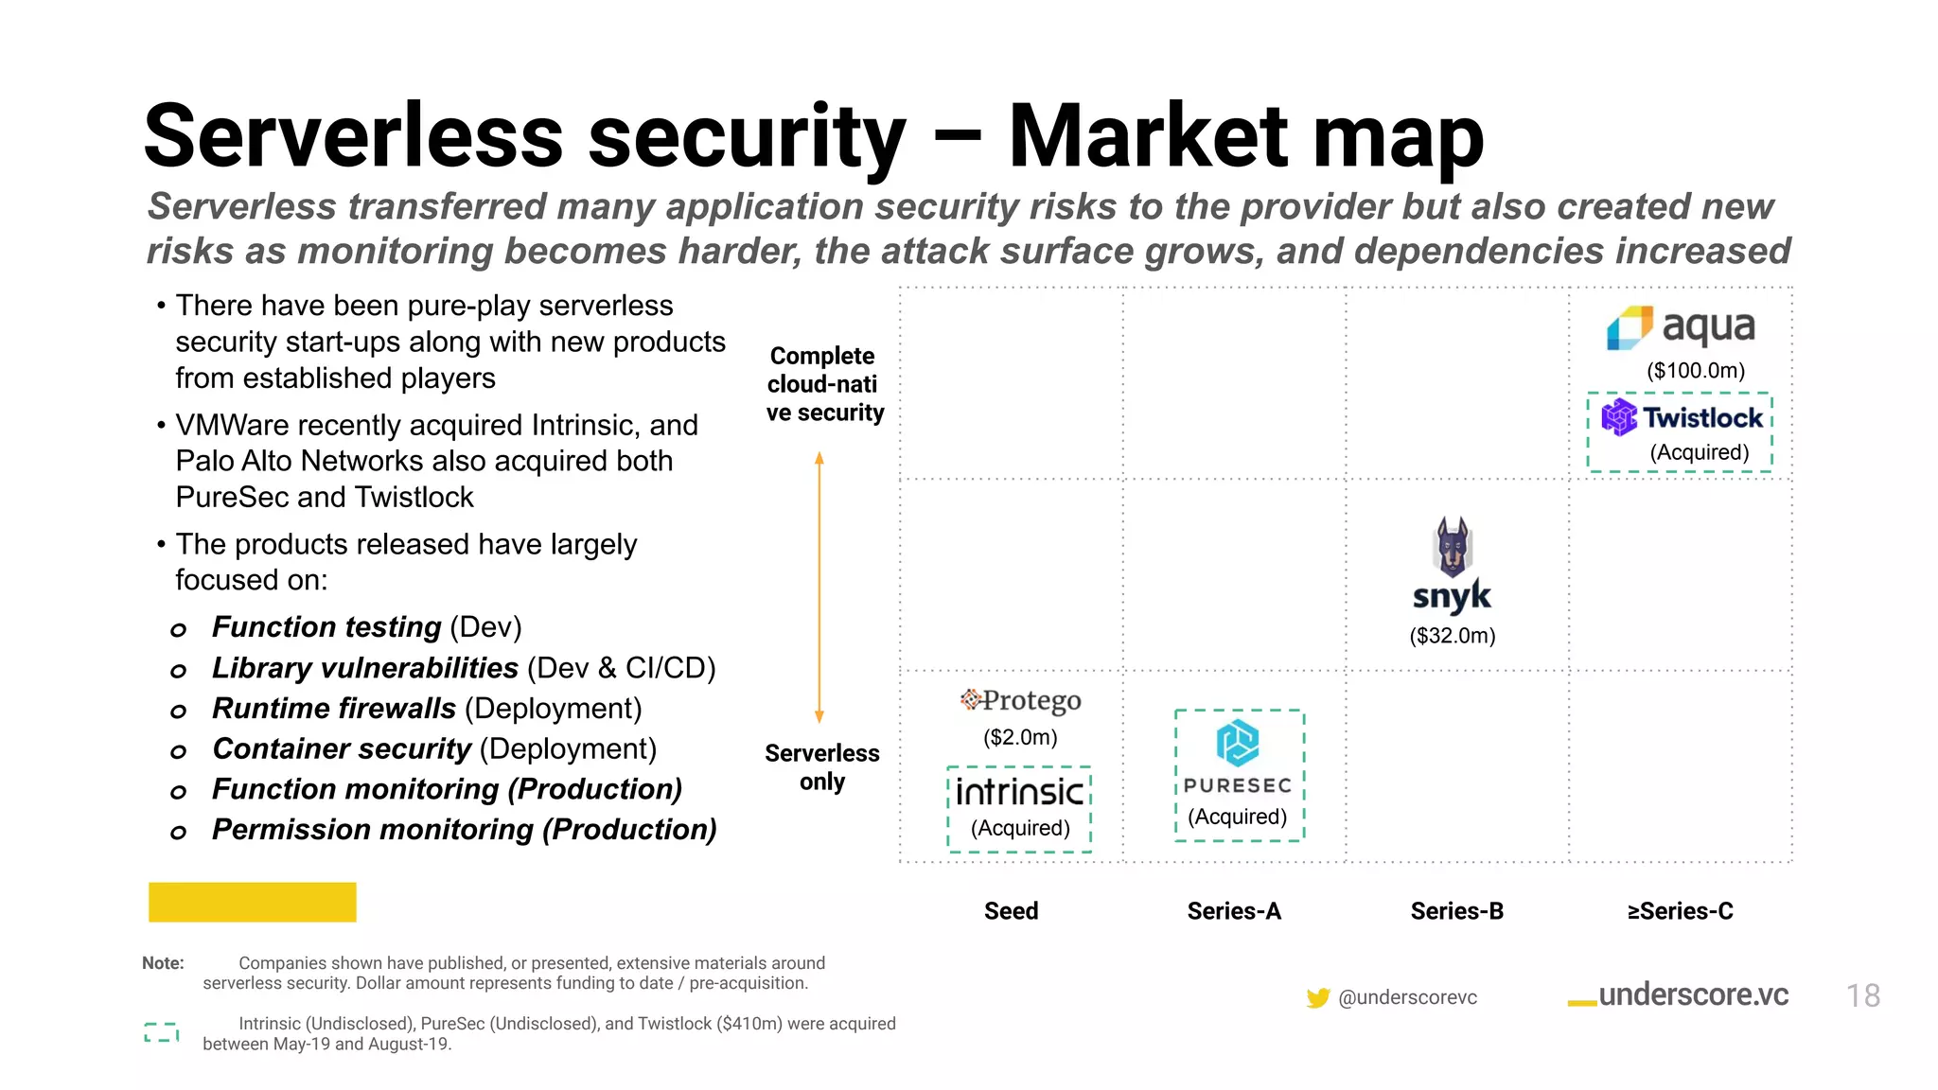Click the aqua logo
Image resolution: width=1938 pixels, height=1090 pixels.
coord(1681,327)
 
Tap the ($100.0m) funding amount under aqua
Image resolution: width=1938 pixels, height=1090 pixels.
coord(1696,370)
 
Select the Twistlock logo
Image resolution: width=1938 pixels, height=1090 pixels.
coord(1681,417)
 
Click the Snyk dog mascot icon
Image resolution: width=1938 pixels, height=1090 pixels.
coord(1453,546)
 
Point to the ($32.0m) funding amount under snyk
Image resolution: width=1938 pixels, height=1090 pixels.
coord(1453,636)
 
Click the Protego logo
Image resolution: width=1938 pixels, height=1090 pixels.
coord(1020,700)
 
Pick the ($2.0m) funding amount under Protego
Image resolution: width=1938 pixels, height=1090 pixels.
coord(1020,737)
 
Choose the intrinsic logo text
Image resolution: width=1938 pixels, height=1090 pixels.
coord(1019,791)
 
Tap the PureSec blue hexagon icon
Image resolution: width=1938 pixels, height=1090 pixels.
coord(1238,743)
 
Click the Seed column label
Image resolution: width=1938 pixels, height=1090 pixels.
coord(1011,911)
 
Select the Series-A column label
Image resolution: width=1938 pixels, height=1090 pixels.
coord(1234,911)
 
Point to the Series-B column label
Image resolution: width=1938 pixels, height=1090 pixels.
coord(1456,911)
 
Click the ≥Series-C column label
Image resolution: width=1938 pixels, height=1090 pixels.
coord(1680,911)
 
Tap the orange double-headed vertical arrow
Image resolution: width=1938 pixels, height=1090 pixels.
coord(819,587)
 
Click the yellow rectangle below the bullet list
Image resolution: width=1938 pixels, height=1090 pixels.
coord(252,902)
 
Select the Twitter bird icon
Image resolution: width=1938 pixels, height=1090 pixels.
coord(1317,997)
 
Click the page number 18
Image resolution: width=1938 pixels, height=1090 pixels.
coord(1862,995)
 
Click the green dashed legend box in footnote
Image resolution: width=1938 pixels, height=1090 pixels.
coord(162,1032)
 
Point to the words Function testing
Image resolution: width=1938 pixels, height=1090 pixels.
coord(326,626)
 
